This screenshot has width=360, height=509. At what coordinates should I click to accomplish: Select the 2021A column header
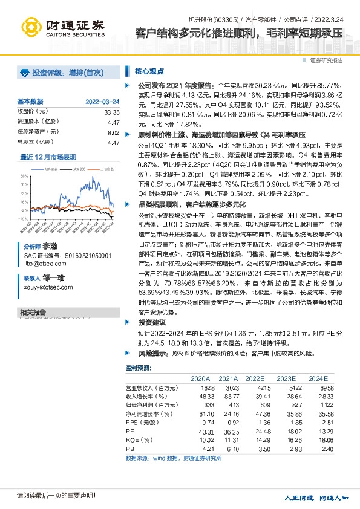(229, 378)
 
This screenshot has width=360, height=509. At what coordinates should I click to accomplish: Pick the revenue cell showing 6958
(326, 387)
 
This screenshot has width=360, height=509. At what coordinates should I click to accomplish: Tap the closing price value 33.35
(111, 112)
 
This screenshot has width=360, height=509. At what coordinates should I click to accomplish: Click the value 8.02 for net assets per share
(113, 132)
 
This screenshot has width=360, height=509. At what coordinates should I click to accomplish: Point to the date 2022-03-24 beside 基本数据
(102, 102)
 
